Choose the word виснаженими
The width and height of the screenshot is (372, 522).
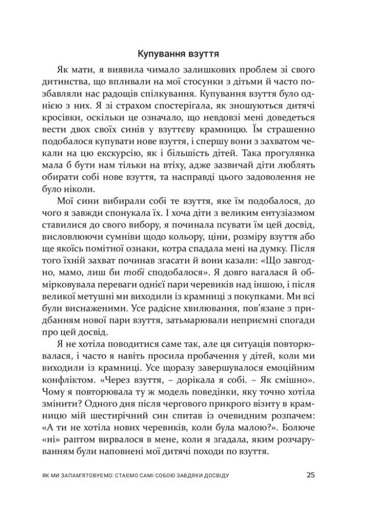(113, 310)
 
